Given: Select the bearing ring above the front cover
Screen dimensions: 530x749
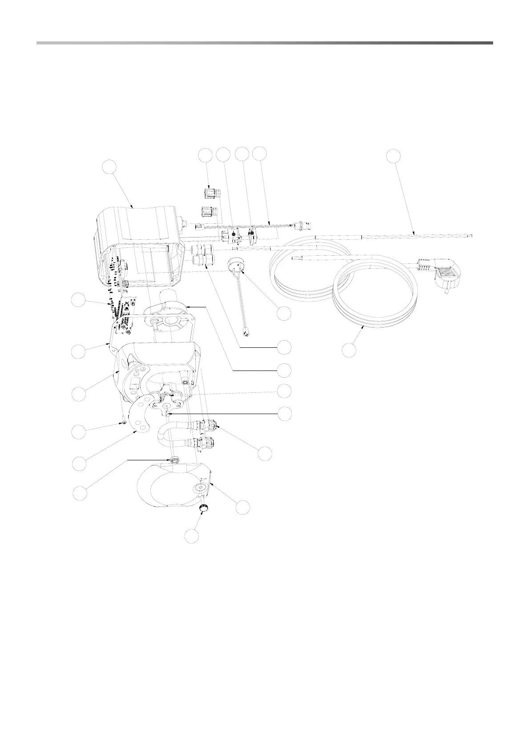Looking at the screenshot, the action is click(174, 460).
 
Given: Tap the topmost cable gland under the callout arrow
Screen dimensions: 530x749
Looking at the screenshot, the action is click(208, 193).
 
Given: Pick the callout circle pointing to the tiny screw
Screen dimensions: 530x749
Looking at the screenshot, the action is click(80, 431).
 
